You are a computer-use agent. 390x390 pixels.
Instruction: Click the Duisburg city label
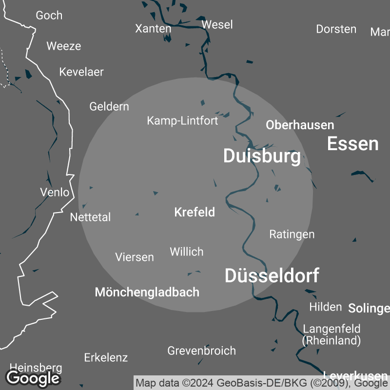pyautogui.click(x=262, y=156)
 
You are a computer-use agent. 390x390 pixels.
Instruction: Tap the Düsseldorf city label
pyautogui.click(x=272, y=276)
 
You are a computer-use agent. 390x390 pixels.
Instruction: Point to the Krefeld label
pyautogui.click(x=195, y=213)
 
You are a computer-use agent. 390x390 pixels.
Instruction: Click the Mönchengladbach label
pyautogui.click(x=147, y=292)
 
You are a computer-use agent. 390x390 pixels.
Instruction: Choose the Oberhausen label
pyautogui.click(x=300, y=125)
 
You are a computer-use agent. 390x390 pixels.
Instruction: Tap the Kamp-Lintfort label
pyautogui.click(x=182, y=120)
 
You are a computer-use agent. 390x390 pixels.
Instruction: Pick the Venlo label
pyautogui.click(x=55, y=192)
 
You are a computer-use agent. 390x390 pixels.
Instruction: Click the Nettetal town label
pyautogui.click(x=91, y=217)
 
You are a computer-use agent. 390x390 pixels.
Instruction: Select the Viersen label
pyautogui.click(x=135, y=257)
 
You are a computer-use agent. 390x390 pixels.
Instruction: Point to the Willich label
pyautogui.click(x=186, y=252)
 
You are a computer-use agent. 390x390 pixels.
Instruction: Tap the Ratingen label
pyautogui.click(x=292, y=234)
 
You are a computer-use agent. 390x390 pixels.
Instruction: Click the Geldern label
pyautogui.click(x=109, y=106)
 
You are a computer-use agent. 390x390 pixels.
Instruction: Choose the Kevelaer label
pyautogui.click(x=81, y=72)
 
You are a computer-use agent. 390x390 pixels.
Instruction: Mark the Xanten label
pyautogui.click(x=153, y=29)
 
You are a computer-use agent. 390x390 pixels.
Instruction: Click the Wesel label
pyautogui.click(x=217, y=24)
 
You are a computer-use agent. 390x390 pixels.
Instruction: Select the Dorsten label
pyautogui.click(x=336, y=29)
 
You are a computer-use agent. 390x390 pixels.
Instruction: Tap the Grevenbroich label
pyautogui.click(x=201, y=351)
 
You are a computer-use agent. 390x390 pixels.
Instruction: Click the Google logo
pyautogui.click(x=33, y=377)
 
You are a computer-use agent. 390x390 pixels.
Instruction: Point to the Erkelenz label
pyautogui.click(x=106, y=357)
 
